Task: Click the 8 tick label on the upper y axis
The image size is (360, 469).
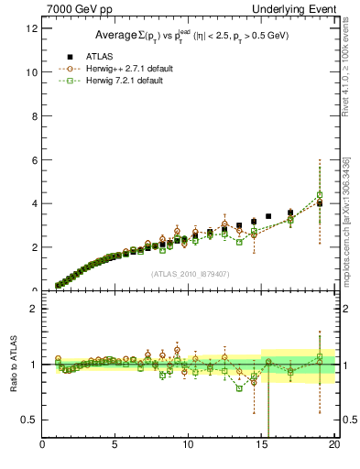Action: point(34,116)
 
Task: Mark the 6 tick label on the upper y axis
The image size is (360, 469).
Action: point(34,160)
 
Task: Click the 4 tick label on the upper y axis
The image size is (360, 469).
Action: point(34,204)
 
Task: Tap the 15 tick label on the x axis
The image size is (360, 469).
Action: point(261,446)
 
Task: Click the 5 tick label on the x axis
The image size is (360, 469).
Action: point(115,446)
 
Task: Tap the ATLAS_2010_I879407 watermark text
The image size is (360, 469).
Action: point(189,273)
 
